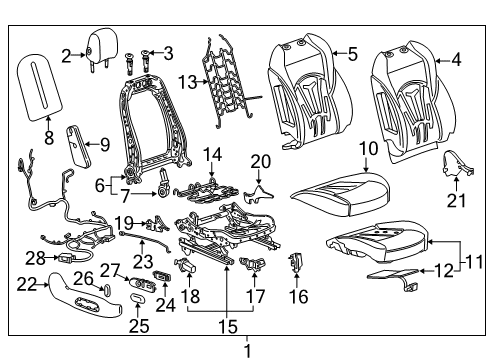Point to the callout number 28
(x=35, y=259)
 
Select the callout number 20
(x=261, y=162)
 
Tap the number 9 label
(x=104, y=145)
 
